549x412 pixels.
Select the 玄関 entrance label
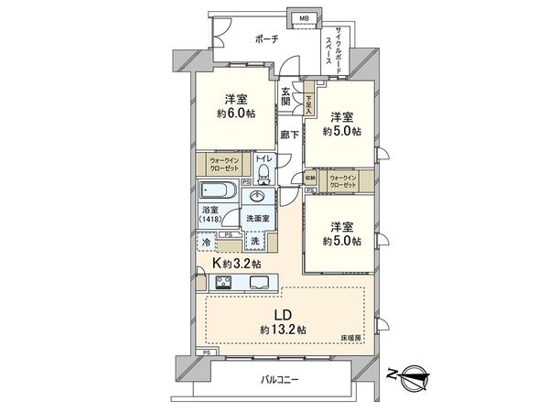click(x=286, y=95)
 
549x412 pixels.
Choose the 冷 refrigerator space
click(x=206, y=243)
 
